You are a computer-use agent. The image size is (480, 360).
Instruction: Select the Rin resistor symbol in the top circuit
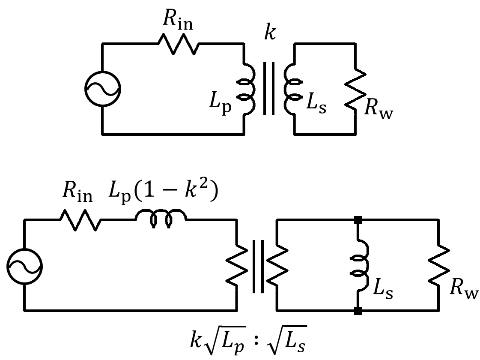tap(178, 44)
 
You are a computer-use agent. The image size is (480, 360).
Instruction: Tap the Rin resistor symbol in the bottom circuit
tap(80, 220)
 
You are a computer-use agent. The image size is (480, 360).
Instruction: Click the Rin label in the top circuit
tap(178, 21)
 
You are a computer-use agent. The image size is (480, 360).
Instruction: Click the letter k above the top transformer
tap(270, 33)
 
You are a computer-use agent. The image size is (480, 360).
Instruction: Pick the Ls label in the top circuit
tap(316, 104)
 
